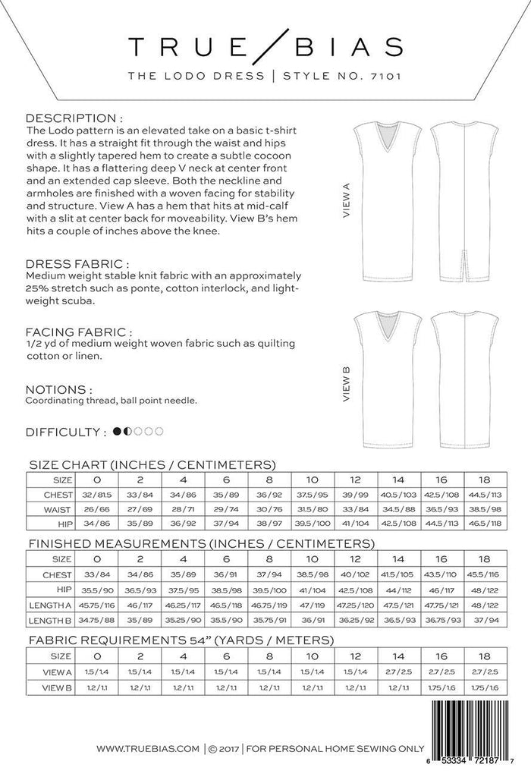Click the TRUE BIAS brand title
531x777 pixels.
(x=265, y=46)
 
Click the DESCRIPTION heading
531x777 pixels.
(x=74, y=119)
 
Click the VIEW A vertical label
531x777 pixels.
(x=345, y=200)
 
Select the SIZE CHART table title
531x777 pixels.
(x=151, y=464)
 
